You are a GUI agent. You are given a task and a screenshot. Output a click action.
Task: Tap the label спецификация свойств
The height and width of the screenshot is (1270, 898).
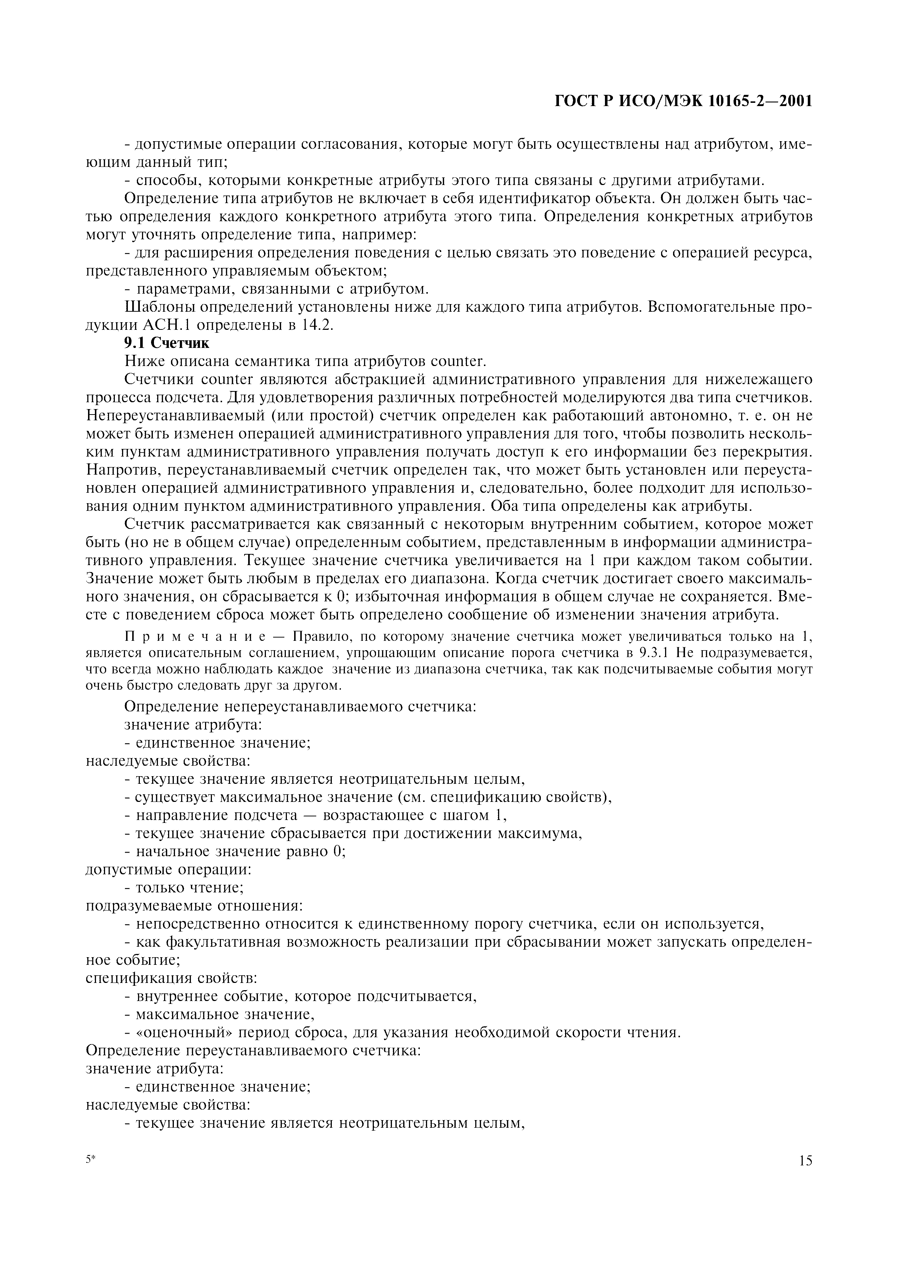pyautogui.click(x=172, y=979)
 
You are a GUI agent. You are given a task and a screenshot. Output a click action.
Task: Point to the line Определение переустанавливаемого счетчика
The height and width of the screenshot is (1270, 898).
pyautogui.click(x=254, y=1050)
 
